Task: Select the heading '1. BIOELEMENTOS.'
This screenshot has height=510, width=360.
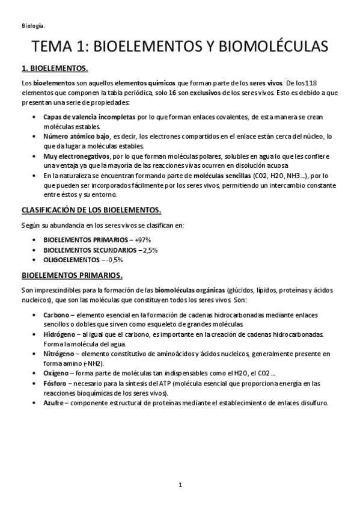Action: [55, 67]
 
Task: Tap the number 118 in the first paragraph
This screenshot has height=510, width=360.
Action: [307, 82]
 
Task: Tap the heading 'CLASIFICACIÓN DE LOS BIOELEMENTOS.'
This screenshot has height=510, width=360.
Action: [91, 210]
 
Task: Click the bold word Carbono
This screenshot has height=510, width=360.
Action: [56, 315]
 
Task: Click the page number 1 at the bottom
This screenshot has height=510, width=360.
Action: [180, 484]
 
